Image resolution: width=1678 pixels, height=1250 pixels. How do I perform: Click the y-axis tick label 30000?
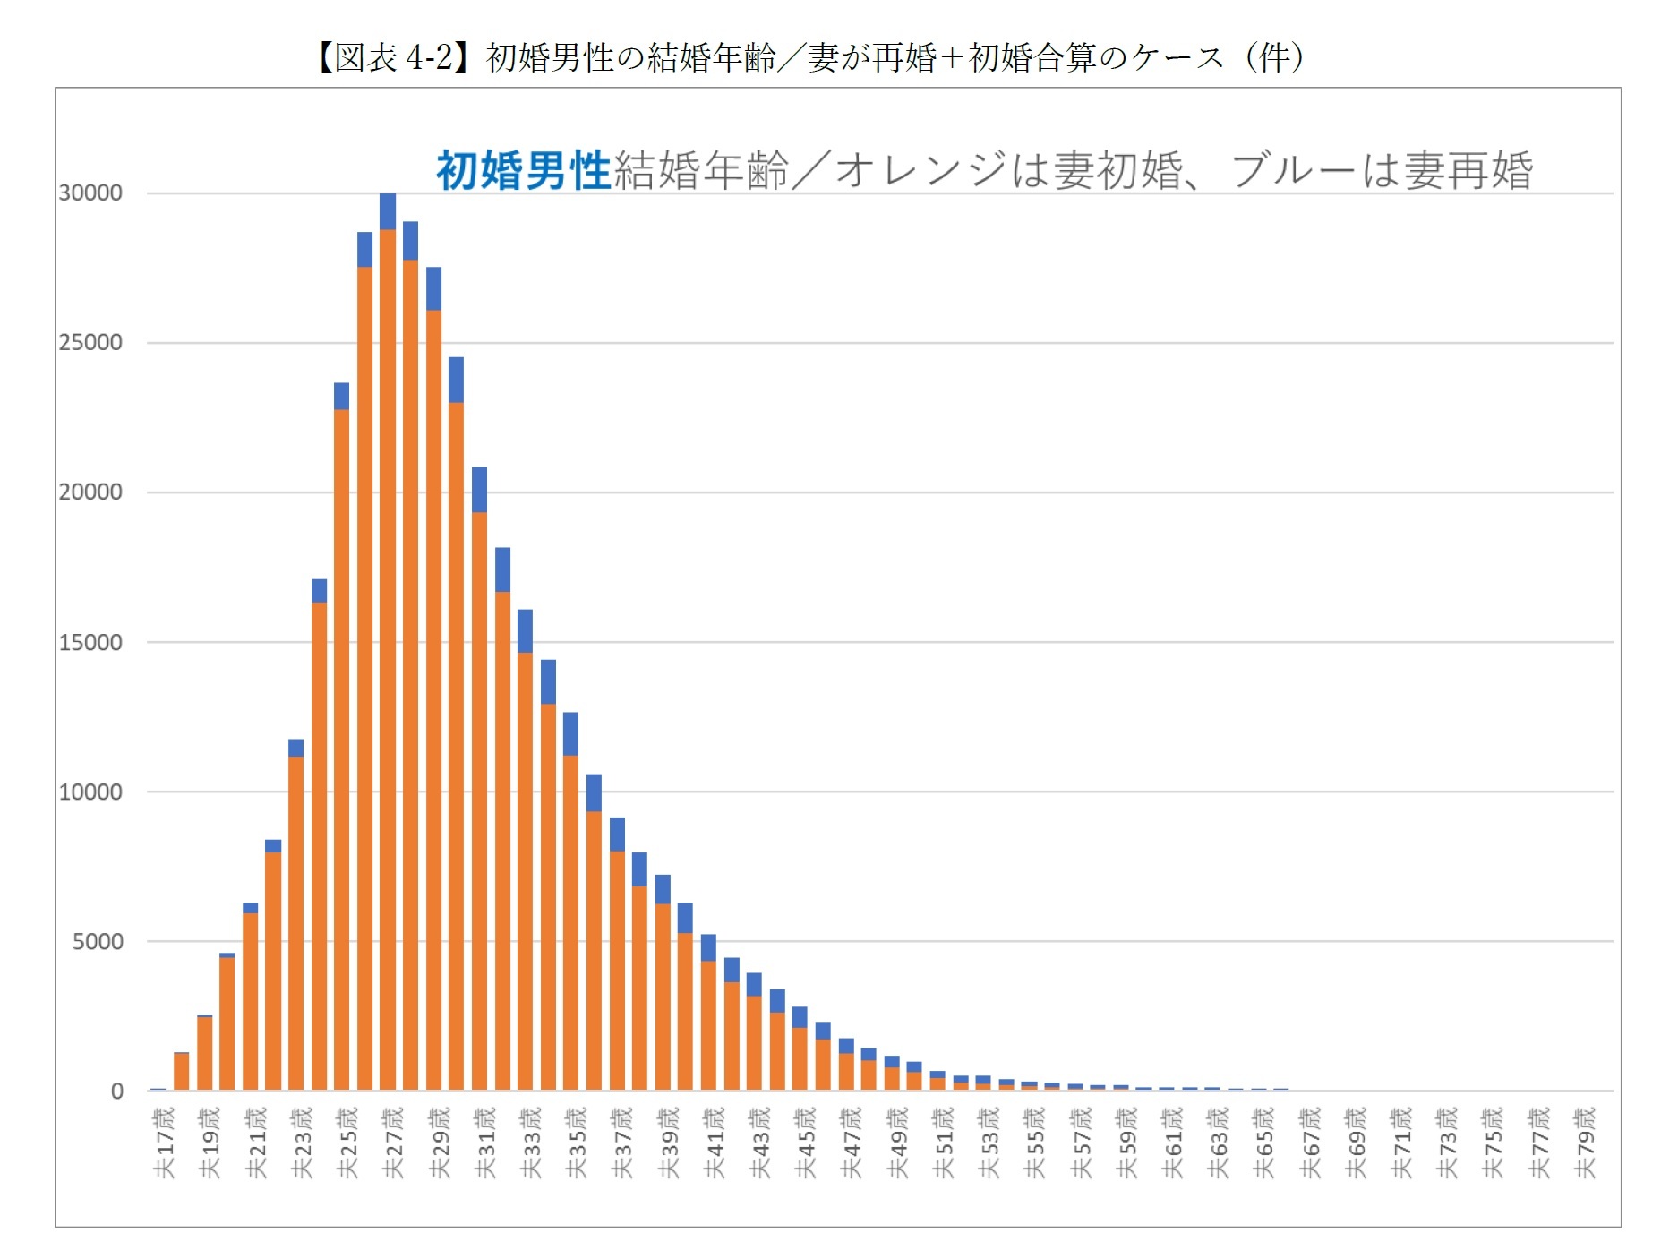click(90, 193)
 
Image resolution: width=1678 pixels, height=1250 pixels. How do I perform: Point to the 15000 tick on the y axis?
click(90, 643)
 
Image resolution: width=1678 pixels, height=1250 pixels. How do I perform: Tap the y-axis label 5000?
click(98, 942)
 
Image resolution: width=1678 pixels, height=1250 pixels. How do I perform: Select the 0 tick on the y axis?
click(116, 1092)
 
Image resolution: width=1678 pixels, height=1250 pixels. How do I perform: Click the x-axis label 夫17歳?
click(164, 1143)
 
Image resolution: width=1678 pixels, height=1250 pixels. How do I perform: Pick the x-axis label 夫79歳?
click(1584, 1143)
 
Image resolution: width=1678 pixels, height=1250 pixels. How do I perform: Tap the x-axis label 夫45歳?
click(805, 1143)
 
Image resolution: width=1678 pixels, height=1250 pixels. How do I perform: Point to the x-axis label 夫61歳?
click(1171, 1143)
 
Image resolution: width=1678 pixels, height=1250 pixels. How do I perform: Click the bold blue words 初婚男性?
click(523, 170)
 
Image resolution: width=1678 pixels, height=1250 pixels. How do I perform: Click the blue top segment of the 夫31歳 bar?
click(479, 490)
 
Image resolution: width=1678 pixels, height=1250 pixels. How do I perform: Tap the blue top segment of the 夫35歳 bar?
click(570, 734)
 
